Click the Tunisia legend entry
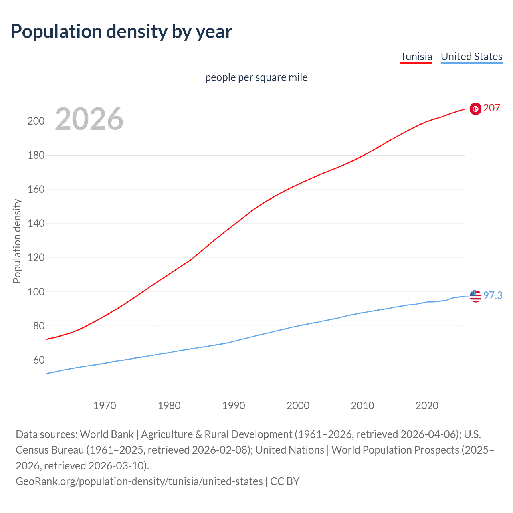[x=416, y=57]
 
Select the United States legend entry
[x=471, y=57]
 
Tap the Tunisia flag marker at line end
[x=475, y=109]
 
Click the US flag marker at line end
[x=475, y=296]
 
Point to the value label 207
[x=492, y=108]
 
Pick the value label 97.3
[x=493, y=296]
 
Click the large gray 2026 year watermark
[x=89, y=119]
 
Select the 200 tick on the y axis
[x=36, y=121]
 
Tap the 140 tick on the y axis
[x=36, y=223]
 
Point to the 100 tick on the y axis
[x=36, y=292]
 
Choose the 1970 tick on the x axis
[x=105, y=406]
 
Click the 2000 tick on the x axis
[x=298, y=406]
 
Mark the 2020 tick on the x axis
[x=427, y=406]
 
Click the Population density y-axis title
[x=17, y=241]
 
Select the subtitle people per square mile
[x=256, y=77]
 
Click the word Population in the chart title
[x=56, y=31]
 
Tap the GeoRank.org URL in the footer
[x=139, y=481]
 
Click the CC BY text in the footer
[x=285, y=481]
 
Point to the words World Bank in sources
[x=107, y=434]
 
